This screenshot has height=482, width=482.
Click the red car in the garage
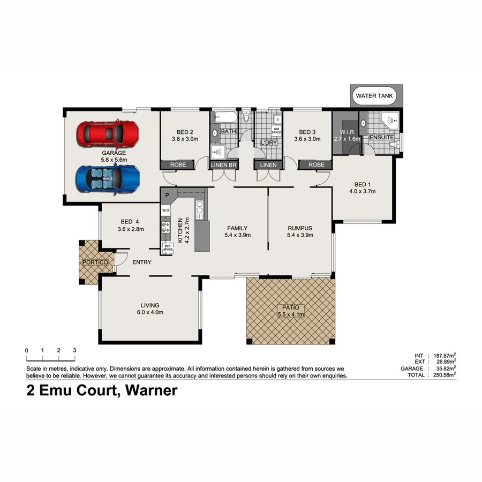pyautogui.click(x=107, y=133)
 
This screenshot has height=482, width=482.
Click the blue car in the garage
pyautogui.click(x=108, y=179)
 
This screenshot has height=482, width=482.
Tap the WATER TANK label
pyautogui.click(x=375, y=96)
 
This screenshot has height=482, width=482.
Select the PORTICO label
pyautogui.click(x=96, y=262)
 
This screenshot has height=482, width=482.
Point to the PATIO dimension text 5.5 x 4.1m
pyautogui.click(x=290, y=315)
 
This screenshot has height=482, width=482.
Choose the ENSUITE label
pyautogui.click(x=381, y=138)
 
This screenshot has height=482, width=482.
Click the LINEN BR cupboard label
pyautogui.click(x=224, y=165)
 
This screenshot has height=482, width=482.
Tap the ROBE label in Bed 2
pyautogui.click(x=178, y=165)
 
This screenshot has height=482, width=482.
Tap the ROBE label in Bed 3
pyautogui.click(x=316, y=165)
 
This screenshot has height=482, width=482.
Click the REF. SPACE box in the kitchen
pyautogui.click(x=168, y=247)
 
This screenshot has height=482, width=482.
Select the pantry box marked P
pyautogui.click(x=167, y=195)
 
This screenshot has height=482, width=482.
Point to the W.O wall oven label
pyautogui.click(x=166, y=209)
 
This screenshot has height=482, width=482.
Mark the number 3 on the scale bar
pyautogui.click(x=74, y=350)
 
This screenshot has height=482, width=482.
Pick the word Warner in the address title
pyautogui.click(x=150, y=391)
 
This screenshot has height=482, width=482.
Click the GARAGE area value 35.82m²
pyautogui.click(x=444, y=368)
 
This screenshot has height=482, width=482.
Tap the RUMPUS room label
pyautogui.click(x=299, y=228)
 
